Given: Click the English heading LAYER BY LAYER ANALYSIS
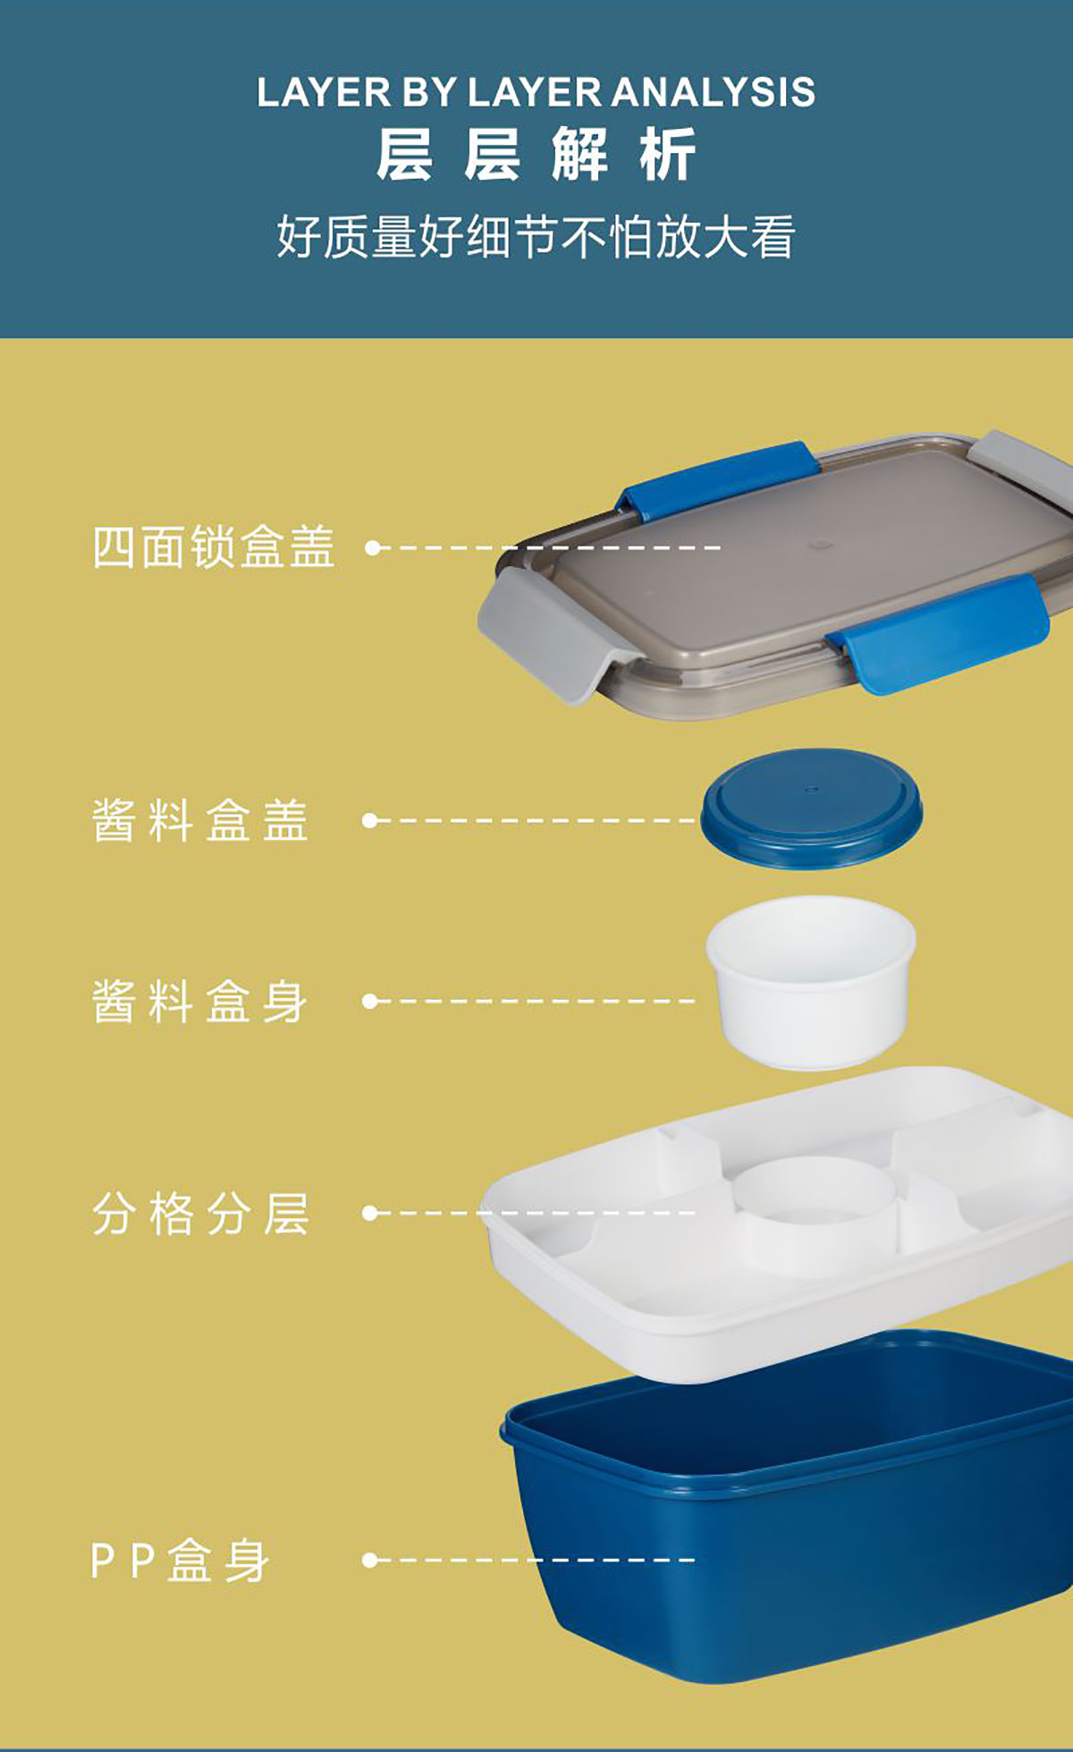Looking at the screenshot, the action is point(536,92).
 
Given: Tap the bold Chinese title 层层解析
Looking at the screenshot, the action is point(536,155).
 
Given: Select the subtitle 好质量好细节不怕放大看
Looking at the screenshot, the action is point(536,237).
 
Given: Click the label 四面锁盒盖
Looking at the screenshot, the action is point(214,546).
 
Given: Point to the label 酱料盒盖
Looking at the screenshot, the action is point(200,820).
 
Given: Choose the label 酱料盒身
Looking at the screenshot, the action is point(200,1001).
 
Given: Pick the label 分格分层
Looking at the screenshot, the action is point(200,1214).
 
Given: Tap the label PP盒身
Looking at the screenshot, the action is point(180,1561).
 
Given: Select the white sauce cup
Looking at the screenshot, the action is point(811,982).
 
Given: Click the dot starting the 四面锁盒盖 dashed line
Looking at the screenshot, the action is point(373,547).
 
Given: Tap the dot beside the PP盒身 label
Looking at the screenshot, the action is point(370,1561).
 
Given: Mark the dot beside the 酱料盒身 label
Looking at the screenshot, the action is point(370,1002).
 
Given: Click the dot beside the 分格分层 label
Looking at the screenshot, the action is point(370,1214).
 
